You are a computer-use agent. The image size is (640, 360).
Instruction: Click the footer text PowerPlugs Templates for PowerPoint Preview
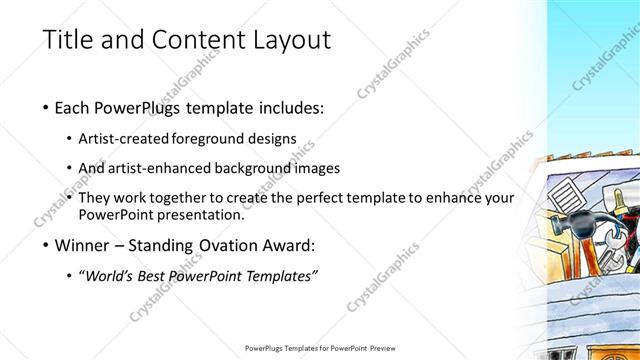tap(319, 348)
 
